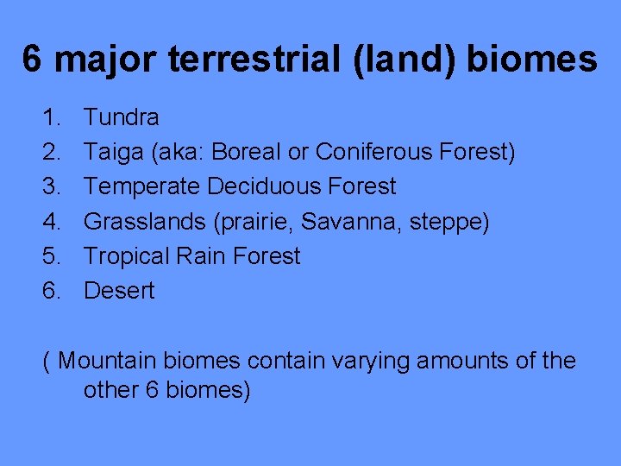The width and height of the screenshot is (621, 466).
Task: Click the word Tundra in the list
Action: click(x=121, y=117)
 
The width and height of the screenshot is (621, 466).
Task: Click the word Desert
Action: click(x=119, y=291)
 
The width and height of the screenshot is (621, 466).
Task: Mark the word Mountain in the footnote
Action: click(x=109, y=361)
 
